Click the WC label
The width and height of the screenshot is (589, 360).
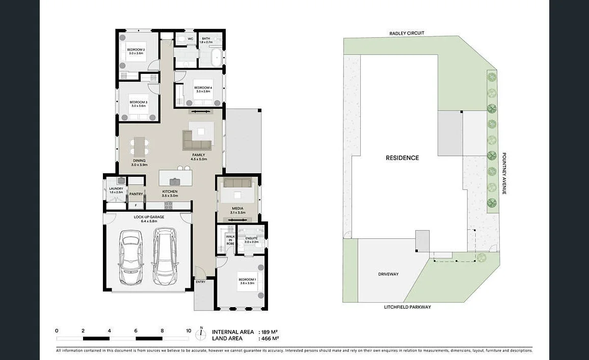coord(190,39)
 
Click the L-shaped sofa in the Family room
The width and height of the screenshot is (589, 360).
coord(196,139)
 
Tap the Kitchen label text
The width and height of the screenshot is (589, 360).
coord(170,191)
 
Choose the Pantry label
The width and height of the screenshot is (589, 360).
coord(136,194)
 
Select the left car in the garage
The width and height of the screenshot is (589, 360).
coord(130,257)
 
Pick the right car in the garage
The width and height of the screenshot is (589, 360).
coord(164,256)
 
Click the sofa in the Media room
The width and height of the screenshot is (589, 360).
coord(237,183)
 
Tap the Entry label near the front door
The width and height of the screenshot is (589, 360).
coord(201,282)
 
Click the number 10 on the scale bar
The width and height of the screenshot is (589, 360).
coord(189,330)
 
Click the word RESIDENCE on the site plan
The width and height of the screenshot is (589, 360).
coord(402,158)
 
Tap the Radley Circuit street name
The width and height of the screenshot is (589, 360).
coord(407,33)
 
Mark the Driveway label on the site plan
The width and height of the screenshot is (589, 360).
coord(388,274)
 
